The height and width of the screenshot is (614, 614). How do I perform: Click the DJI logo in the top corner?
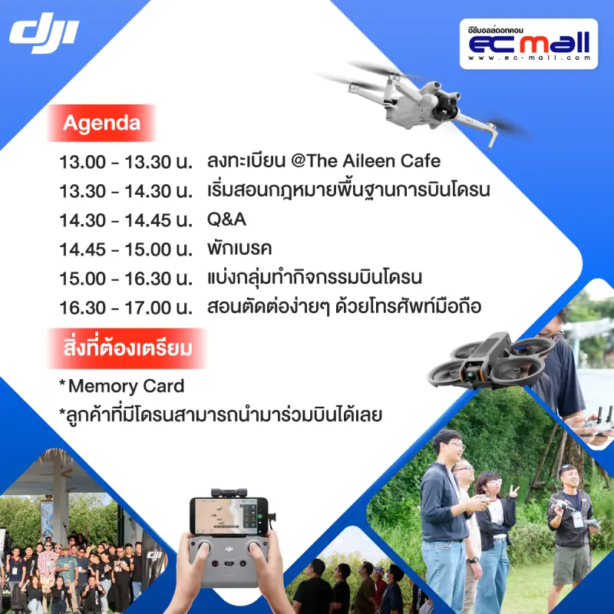[x=44, y=33]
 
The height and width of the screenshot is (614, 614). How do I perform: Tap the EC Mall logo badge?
[x=529, y=44]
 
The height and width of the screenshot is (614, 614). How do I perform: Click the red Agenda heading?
[x=101, y=123]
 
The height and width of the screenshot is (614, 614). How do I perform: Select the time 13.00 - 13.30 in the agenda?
[x=126, y=162]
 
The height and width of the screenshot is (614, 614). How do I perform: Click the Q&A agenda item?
[x=226, y=220]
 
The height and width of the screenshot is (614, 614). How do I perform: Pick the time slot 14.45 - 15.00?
[x=126, y=249]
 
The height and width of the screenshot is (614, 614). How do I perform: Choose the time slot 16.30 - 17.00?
[x=126, y=308]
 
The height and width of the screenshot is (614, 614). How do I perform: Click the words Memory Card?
[x=126, y=386]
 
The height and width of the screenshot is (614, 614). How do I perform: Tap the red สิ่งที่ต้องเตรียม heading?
[x=127, y=348]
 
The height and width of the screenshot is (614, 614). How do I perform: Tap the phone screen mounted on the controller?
[x=229, y=516]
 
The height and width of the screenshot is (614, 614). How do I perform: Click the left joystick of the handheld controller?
[x=203, y=545]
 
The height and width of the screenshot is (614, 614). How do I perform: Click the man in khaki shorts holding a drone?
[x=572, y=536]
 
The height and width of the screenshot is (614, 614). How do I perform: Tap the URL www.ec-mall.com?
[x=529, y=58]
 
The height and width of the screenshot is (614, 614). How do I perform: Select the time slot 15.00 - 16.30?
[x=126, y=279]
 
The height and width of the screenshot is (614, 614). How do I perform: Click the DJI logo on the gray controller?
[x=229, y=549]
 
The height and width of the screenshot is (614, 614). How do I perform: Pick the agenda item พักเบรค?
[x=239, y=248]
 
